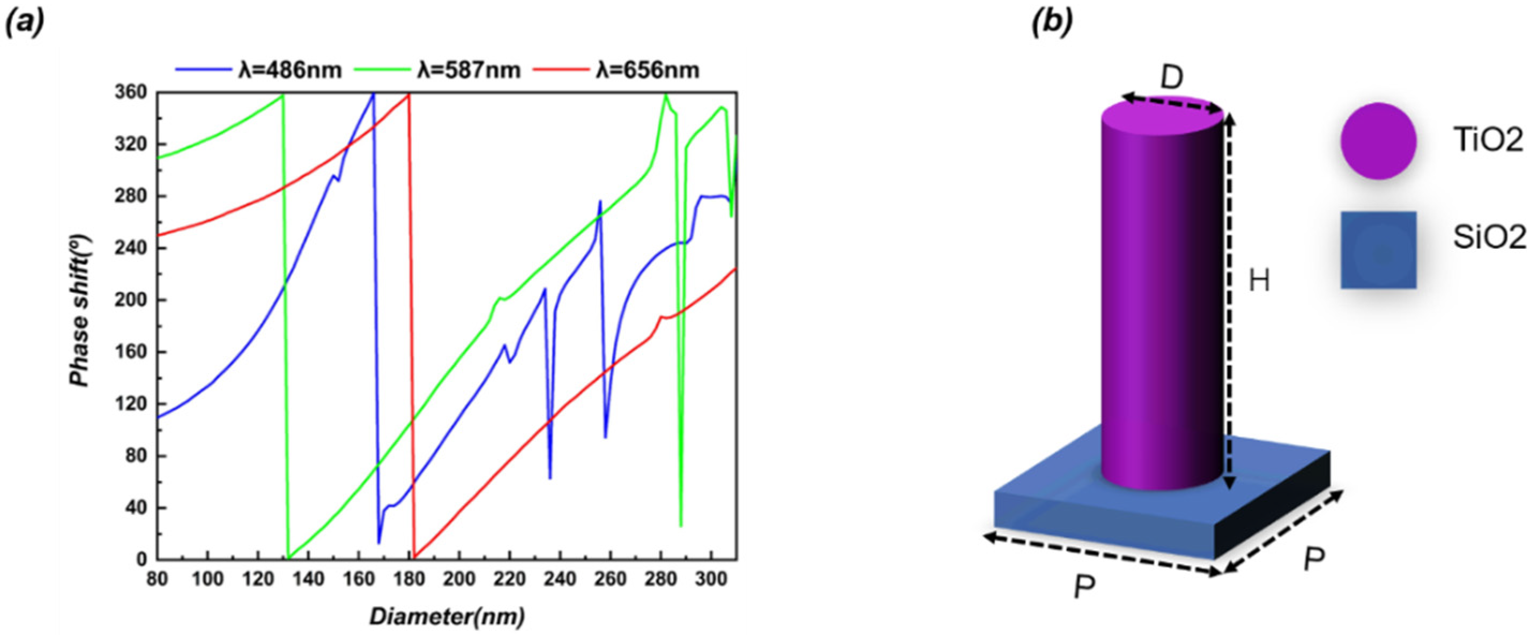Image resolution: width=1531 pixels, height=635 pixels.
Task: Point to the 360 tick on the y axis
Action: click(x=135, y=93)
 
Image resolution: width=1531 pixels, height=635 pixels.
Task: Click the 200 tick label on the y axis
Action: click(x=135, y=300)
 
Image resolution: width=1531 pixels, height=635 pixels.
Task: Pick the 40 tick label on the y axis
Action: click(x=138, y=508)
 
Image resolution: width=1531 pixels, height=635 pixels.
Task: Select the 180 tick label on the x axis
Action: click(x=409, y=578)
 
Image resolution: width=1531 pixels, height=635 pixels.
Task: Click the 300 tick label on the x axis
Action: click(x=711, y=578)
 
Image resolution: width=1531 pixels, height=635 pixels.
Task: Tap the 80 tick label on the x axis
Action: click(x=158, y=578)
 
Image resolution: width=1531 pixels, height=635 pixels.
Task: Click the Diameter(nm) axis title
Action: click(x=447, y=616)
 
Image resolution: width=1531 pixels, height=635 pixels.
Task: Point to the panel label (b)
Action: click(x=1052, y=23)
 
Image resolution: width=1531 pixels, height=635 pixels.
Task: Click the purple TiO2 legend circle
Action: click(x=1378, y=141)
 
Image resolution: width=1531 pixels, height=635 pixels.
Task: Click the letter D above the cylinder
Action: click(x=1171, y=78)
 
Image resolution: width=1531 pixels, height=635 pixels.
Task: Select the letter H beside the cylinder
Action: click(x=1259, y=279)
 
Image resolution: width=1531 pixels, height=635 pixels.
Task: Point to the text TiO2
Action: click(x=1488, y=141)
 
